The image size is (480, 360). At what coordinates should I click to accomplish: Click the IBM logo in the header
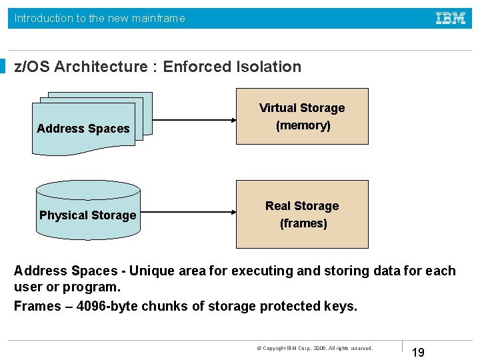[x=451, y=19]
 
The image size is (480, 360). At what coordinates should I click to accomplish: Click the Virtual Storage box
[x=302, y=116]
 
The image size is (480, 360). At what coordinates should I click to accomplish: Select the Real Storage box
[x=302, y=214]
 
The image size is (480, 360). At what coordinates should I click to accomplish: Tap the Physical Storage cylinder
[x=88, y=209]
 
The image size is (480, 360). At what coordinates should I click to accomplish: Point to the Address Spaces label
[x=83, y=129]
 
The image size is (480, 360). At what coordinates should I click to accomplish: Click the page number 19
[x=418, y=352]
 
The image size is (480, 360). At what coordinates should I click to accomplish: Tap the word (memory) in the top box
[x=304, y=125]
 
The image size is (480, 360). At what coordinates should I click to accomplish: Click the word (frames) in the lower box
[x=303, y=223]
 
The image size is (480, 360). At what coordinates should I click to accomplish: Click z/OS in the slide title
[x=33, y=67]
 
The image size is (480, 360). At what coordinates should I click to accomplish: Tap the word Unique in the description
[x=151, y=271]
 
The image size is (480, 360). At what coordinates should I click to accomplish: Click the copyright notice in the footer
[x=315, y=348]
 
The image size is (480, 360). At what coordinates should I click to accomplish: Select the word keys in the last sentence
[x=341, y=306]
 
